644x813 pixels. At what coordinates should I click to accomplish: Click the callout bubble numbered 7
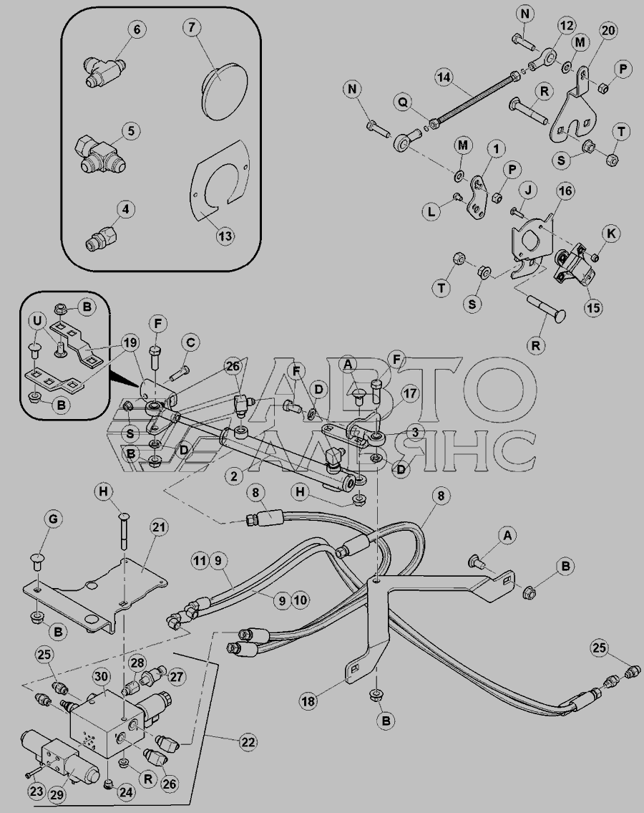192,27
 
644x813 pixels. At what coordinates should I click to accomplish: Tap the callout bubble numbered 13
225,236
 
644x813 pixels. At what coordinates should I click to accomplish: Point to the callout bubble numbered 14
444,78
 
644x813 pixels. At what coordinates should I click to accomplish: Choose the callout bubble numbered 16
565,191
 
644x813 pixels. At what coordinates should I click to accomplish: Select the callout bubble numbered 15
593,307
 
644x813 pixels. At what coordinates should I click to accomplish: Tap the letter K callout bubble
611,234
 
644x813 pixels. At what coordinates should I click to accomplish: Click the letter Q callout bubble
402,102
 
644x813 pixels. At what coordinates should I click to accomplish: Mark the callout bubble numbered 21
159,528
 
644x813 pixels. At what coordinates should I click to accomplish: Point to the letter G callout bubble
53,518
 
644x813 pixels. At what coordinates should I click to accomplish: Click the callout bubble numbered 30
102,676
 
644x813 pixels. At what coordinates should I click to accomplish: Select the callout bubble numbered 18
308,701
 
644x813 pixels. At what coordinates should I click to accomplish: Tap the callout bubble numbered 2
235,476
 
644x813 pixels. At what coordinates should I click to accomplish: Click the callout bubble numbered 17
410,393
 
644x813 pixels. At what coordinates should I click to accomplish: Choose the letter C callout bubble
190,342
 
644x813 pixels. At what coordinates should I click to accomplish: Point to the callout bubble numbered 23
36,792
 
